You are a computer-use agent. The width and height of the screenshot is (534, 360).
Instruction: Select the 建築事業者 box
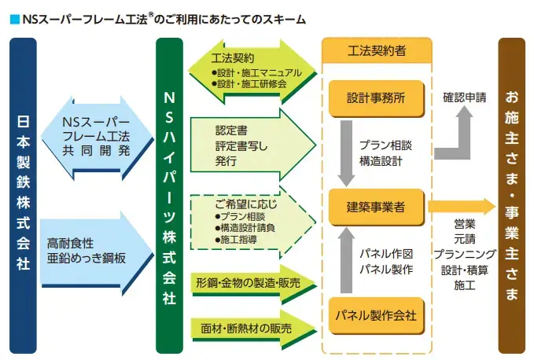(376, 208)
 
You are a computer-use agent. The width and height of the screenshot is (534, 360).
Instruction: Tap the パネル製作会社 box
(376, 316)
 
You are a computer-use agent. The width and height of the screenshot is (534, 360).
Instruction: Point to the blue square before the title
(13, 17)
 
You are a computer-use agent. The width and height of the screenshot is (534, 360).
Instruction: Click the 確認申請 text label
(464, 98)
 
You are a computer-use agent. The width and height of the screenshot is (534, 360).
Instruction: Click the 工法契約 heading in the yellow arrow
(232, 58)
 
